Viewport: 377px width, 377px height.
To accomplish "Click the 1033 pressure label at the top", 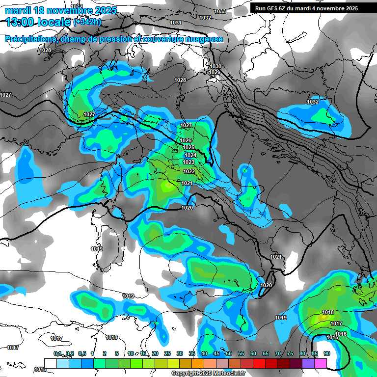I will point(220,11).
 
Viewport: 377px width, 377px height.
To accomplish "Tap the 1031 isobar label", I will point(175,23).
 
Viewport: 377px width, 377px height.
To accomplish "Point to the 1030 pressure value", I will point(215,66).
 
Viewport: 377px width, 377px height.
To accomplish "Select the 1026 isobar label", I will point(186,140).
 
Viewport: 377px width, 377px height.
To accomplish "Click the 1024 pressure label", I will point(190,155).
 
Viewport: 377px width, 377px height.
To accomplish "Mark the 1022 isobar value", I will point(189,171).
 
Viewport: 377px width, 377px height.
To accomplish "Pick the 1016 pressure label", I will point(341,334).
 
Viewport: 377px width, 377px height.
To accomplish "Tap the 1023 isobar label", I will point(188,162).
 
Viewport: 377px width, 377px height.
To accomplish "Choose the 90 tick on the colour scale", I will point(326,353).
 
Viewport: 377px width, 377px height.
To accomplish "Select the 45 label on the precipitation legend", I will point(216,353).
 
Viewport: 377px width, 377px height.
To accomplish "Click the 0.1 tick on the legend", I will point(57,353).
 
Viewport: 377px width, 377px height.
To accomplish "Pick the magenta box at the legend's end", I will point(320,363).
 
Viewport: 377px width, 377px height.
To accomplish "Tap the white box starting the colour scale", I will point(50,363).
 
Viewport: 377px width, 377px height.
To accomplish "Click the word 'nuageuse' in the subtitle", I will point(205,39).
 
